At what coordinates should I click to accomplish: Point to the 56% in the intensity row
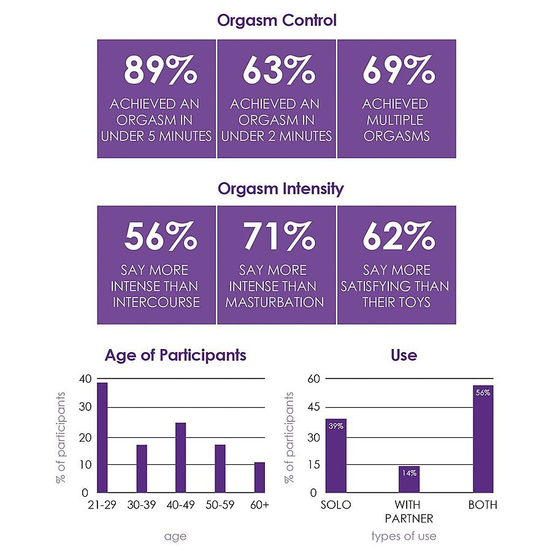(160, 236)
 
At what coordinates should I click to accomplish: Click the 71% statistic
(278, 236)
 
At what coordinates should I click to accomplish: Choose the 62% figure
(398, 236)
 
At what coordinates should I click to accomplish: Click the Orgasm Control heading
(277, 20)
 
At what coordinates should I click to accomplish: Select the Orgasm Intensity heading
(280, 188)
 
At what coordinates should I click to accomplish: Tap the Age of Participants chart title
(175, 355)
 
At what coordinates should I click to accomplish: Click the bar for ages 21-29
(102, 437)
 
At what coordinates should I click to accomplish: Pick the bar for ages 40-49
(180, 458)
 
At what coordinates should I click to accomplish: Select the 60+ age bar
(259, 477)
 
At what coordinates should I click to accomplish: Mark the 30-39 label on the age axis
(142, 505)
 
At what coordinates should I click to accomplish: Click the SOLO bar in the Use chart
(335, 456)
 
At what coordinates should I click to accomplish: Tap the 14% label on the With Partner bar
(409, 473)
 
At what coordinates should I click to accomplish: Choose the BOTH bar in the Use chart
(482, 439)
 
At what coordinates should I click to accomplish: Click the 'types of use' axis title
(404, 536)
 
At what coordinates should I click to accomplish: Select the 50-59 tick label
(220, 505)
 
